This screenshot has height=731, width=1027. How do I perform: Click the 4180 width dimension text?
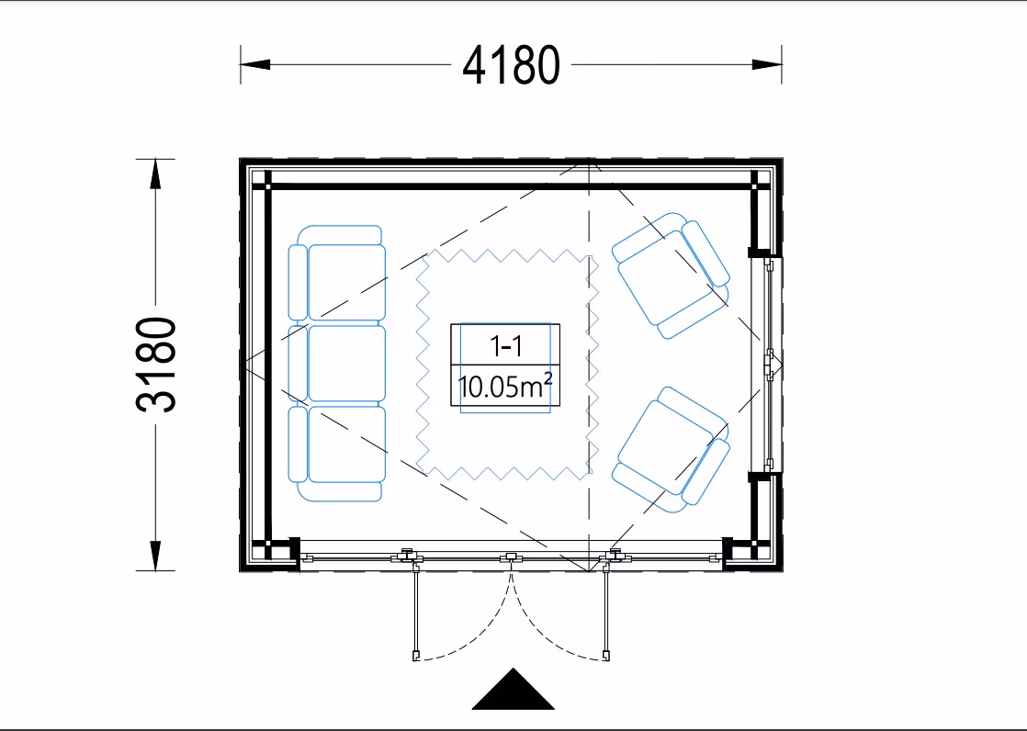(x=511, y=65)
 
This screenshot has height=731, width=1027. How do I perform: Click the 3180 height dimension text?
(x=156, y=365)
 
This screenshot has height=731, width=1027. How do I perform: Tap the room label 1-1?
(x=506, y=345)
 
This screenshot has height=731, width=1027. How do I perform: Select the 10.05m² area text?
(x=505, y=386)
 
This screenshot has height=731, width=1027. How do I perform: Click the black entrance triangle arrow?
(x=513, y=691)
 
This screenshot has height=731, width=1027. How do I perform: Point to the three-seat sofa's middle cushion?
(x=345, y=364)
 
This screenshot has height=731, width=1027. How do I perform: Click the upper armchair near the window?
(x=671, y=276)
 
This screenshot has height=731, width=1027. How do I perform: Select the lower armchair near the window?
(x=671, y=450)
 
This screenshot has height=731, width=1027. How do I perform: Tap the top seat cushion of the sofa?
(x=346, y=283)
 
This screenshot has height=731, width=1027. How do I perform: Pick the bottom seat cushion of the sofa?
(x=346, y=444)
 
